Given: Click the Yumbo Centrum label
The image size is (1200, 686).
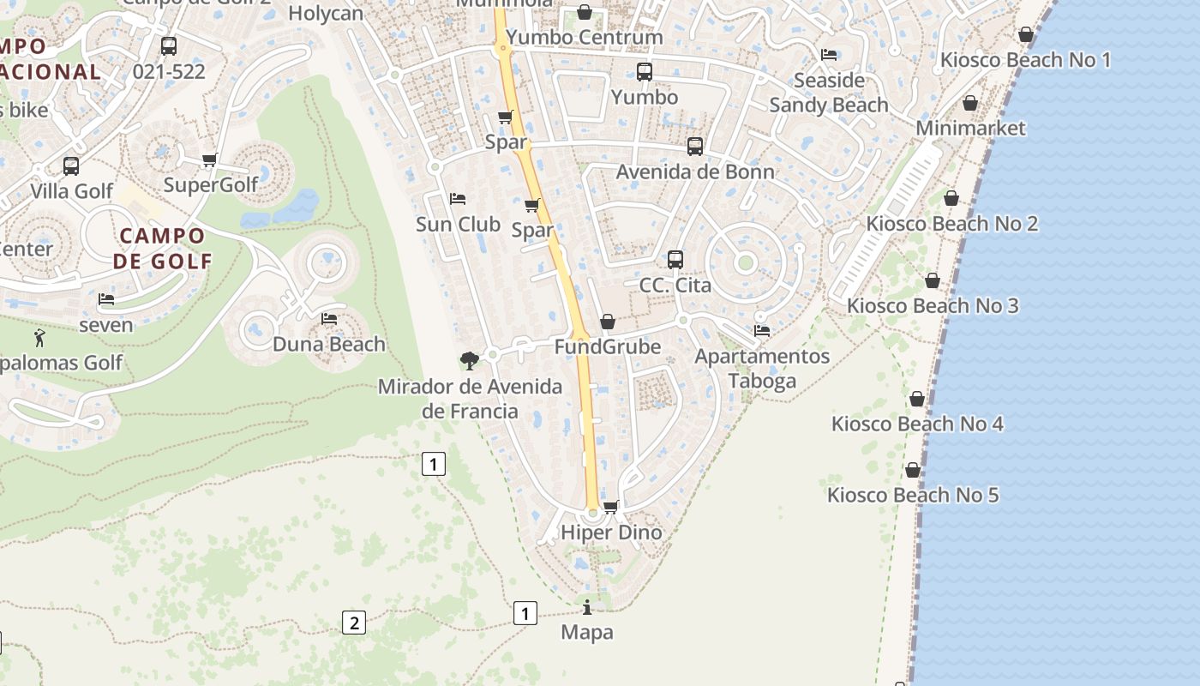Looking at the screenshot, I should pyautogui.click(x=584, y=37).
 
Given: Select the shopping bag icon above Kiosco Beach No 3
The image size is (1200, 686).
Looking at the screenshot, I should pyautogui.click(x=933, y=280).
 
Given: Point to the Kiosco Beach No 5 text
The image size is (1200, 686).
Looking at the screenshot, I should pyautogui.click(x=913, y=495).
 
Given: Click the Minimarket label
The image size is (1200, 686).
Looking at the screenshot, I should pyautogui.click(x=970, y=128).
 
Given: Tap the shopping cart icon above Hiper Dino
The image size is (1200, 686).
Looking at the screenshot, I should pyautogui.click(x=611, y=507).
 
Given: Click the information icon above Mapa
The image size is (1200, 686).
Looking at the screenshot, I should pyautogui.click(x=587, y=608).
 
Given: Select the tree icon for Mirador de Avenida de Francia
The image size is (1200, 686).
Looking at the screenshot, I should pyautogui.click(x=469, y=360).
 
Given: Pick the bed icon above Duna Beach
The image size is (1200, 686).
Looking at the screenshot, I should pyautogui.click(x=329, y=319).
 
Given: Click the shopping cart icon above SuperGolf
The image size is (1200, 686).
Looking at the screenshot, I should pyautogui.click(x=210, y=159).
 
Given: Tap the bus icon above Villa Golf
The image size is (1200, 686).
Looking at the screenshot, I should pyautogui.click(x=71, y=165).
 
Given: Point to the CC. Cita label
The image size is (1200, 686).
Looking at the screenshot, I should pyautogui.click(x=675, y=285).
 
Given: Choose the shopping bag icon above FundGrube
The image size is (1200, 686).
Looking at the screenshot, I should pyautogui.click(x=608, y=322).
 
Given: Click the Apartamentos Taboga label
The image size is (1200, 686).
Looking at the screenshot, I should pyautogui.click(x=762, y=368).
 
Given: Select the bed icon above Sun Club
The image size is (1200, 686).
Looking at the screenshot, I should pyautogui.click(x=458, y=199).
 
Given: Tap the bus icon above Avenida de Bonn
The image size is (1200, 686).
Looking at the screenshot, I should pyautogui.click(x=695, y=147).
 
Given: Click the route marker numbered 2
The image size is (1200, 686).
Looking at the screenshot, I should pyautogui.click(x=354, y=623).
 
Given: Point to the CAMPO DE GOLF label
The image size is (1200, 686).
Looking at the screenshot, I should pyautogui.click(x=163, y=248).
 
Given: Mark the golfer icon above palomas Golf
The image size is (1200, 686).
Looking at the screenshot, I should pyautogui.click(x=39, y=337).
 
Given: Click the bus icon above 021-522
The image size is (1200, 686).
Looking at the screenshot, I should pyautogui.click(x=169, y=46).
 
